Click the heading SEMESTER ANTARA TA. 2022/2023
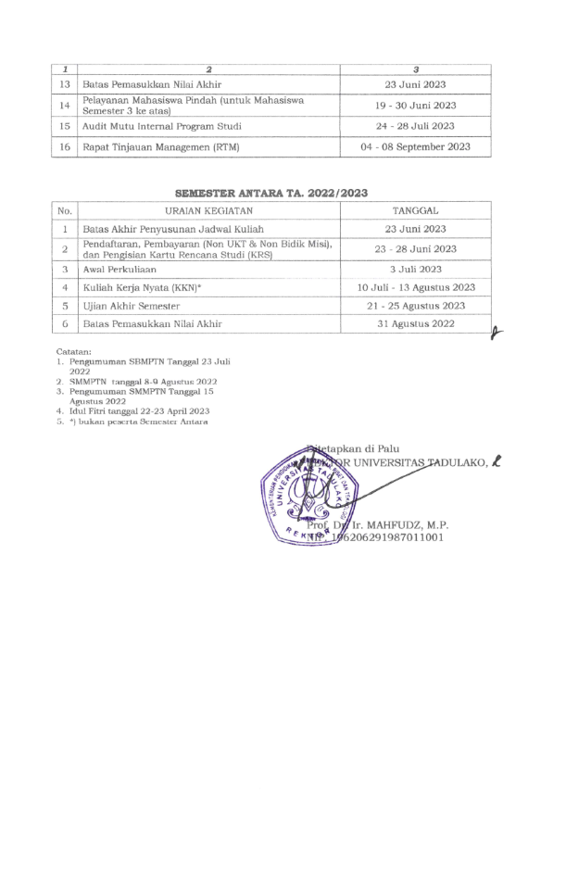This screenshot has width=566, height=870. click(270, 193)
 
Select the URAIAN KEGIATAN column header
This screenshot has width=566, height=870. click(208, 210)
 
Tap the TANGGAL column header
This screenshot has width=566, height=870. click(416, 210)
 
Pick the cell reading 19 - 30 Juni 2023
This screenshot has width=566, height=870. click(416, 106)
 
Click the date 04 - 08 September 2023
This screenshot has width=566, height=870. click(416, 146)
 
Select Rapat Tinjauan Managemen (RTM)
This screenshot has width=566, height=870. click(162, 146)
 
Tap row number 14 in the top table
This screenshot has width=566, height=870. click(65, 106)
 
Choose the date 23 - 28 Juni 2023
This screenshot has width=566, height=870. click(416, 248)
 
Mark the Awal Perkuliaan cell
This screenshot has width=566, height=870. click(120, 269)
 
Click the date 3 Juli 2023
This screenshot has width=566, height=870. click(416, 269)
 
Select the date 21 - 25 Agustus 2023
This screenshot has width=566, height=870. click(416, 306)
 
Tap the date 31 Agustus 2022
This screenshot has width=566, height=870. click(416, 323)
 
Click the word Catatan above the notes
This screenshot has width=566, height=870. click(73, 352)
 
